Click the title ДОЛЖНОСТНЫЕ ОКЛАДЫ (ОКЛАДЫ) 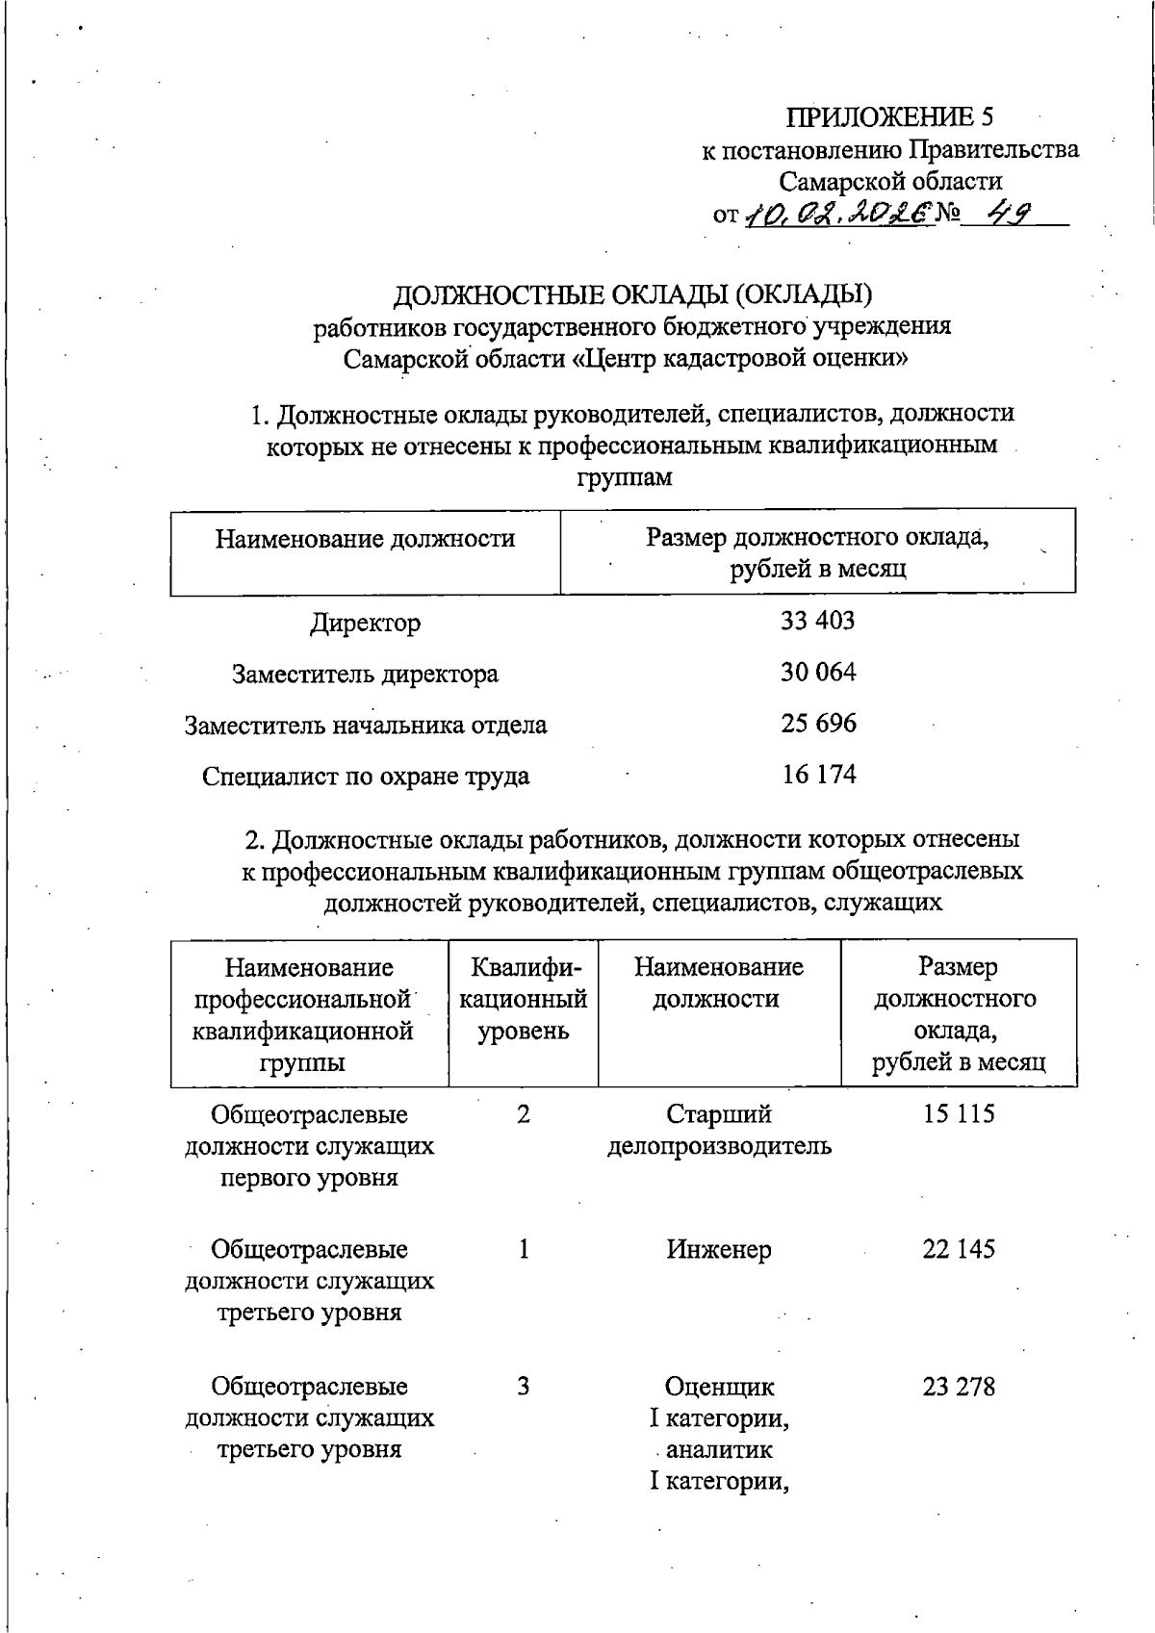coord(632,293)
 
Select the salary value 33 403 coord(817,621)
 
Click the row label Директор coord(365,623)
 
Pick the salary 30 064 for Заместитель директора coord(817,673)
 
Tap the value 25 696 coord(817,724)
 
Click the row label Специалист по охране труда coord(365,776)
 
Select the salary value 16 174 coord(818,775)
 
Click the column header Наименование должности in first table coord(365,539)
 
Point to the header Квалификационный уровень coord(523,999)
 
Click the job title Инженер coord(718,1250)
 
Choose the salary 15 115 coord(958,1114)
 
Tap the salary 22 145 coord(958,1249)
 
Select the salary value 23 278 coord(958,1387)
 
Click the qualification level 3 coord(523,1387)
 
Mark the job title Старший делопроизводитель coord(718,1131)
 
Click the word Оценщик coord(719,1387)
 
